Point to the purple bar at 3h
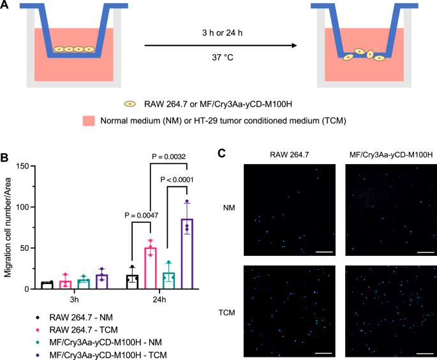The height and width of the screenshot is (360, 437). coord(101,281)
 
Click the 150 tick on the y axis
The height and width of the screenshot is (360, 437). coord(25,166)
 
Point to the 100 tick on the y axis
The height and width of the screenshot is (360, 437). coord(25,207)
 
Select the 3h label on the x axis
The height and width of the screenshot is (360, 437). coord(74,299)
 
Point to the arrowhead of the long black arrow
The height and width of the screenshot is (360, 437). coord(295,46)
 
